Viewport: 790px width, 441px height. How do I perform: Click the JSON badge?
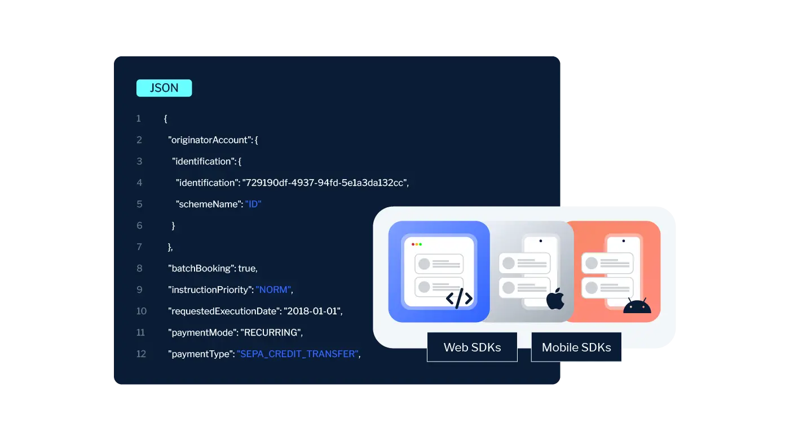coord(164,88)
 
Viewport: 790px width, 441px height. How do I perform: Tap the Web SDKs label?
coord(472,347)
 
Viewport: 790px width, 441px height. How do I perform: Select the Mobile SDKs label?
coord(576,347)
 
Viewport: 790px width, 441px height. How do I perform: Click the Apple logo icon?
coord(555,299)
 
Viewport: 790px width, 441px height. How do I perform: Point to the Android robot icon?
coord(637,306)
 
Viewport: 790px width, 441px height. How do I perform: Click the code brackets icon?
coord(459,299)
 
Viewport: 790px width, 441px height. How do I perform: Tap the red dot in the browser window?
coord(413,244)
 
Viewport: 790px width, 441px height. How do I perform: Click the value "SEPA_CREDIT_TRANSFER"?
coord(298,354)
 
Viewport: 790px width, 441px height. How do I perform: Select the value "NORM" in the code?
coord(273,289)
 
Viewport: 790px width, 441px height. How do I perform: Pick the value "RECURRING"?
coord(271,332)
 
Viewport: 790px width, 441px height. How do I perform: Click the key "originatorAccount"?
coord(209,140)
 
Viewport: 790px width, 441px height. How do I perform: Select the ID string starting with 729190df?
coord(324,182)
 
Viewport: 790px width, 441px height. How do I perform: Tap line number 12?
coord(141,354)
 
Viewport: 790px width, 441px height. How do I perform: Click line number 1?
coord(139,118)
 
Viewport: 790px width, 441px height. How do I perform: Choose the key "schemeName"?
coord(208,204)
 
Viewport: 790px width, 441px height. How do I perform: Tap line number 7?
coord(139,247)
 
